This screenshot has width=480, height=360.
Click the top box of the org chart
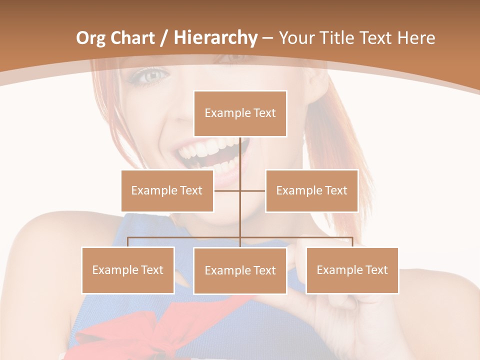point(240,113)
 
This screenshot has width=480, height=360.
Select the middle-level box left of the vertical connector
point(167,190)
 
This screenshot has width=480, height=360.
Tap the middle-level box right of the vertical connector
point(311,190)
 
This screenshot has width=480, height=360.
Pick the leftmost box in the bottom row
point(127,270)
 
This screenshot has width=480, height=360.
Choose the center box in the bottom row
point(240,270)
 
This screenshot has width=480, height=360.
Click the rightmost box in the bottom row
point(352,270)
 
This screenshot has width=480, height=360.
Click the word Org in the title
point(90,38)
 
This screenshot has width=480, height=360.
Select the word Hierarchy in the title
point(215,38)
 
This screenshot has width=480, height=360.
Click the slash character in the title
point(164,38)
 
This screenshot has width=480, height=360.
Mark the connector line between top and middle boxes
point(240,155)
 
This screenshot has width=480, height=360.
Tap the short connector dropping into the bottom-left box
point(127,242)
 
